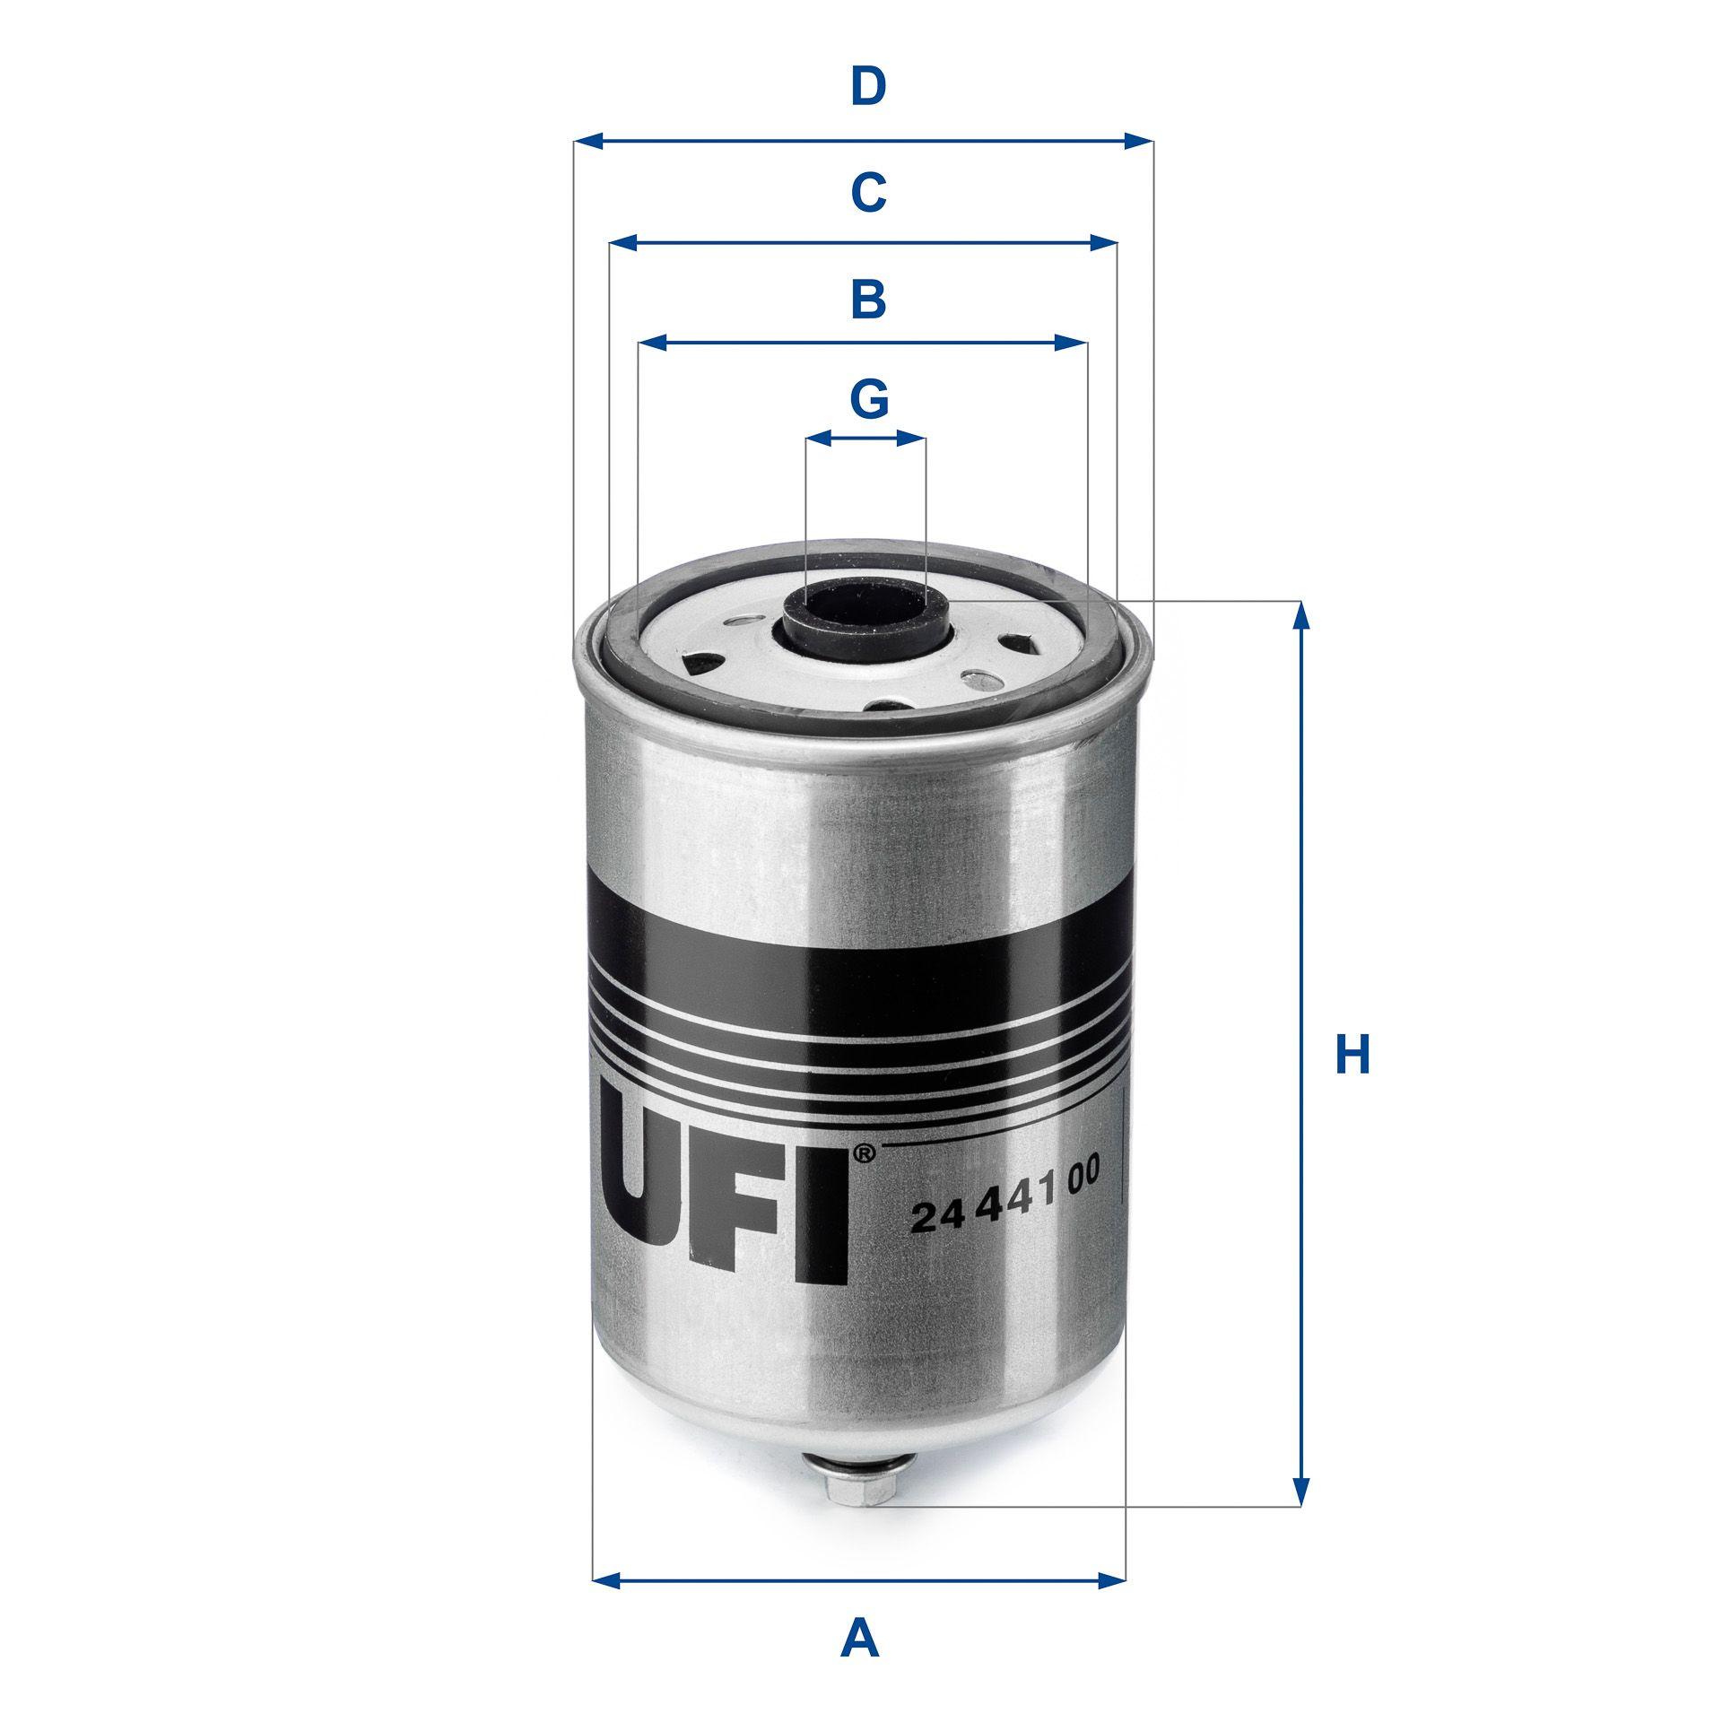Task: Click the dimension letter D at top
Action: (x=867, y=87)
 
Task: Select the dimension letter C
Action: (x=867, y=192)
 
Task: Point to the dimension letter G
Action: (x=867, y=399)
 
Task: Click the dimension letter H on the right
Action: (x=1352, y=1055)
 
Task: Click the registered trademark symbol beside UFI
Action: (x=862, y=1153)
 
